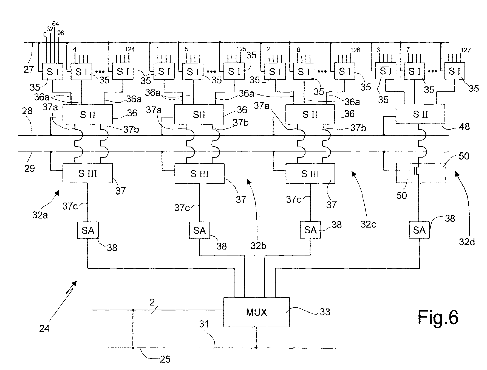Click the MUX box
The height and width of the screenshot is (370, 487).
point(256,312)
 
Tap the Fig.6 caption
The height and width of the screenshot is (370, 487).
point(438,317)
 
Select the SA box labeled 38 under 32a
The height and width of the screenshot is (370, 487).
point(88,230)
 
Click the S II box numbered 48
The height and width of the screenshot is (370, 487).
point(420,114)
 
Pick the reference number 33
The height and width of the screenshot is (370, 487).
point(325,312)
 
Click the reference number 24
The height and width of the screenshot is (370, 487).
point(44,328)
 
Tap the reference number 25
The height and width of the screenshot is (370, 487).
point(165,359)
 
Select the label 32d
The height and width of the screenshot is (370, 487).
point(467,242)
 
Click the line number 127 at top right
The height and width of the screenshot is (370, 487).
point(466,50)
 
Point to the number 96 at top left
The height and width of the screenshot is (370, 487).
point(61,33)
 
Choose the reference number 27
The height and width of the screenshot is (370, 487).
point(29,69)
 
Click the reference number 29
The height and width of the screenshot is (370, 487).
point(30,168)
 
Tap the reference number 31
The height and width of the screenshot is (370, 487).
point(204,324)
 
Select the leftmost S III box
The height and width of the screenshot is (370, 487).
point(88,173)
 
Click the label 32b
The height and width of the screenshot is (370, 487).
point(258,246)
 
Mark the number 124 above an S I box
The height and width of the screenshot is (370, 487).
point(130,50)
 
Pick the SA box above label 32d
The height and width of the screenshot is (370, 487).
point(419,230)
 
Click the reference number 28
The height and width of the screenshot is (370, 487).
point(27,111)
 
